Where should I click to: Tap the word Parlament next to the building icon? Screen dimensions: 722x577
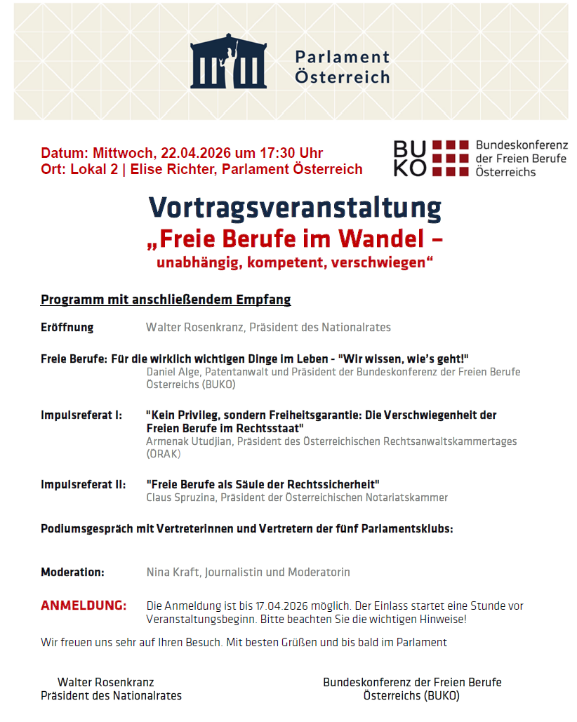(342, 57)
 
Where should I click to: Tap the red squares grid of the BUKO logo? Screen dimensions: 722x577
(450, 158)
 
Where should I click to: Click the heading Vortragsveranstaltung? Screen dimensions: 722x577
(295, 208)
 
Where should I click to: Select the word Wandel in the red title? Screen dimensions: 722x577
(380, 239)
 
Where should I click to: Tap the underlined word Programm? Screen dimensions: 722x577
(69, 300)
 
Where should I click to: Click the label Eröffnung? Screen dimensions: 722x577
(67, 327)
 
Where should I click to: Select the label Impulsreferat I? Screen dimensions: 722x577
(81, 415)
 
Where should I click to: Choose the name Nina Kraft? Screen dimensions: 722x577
(173, 572)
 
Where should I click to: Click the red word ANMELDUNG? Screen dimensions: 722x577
(84, 606)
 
